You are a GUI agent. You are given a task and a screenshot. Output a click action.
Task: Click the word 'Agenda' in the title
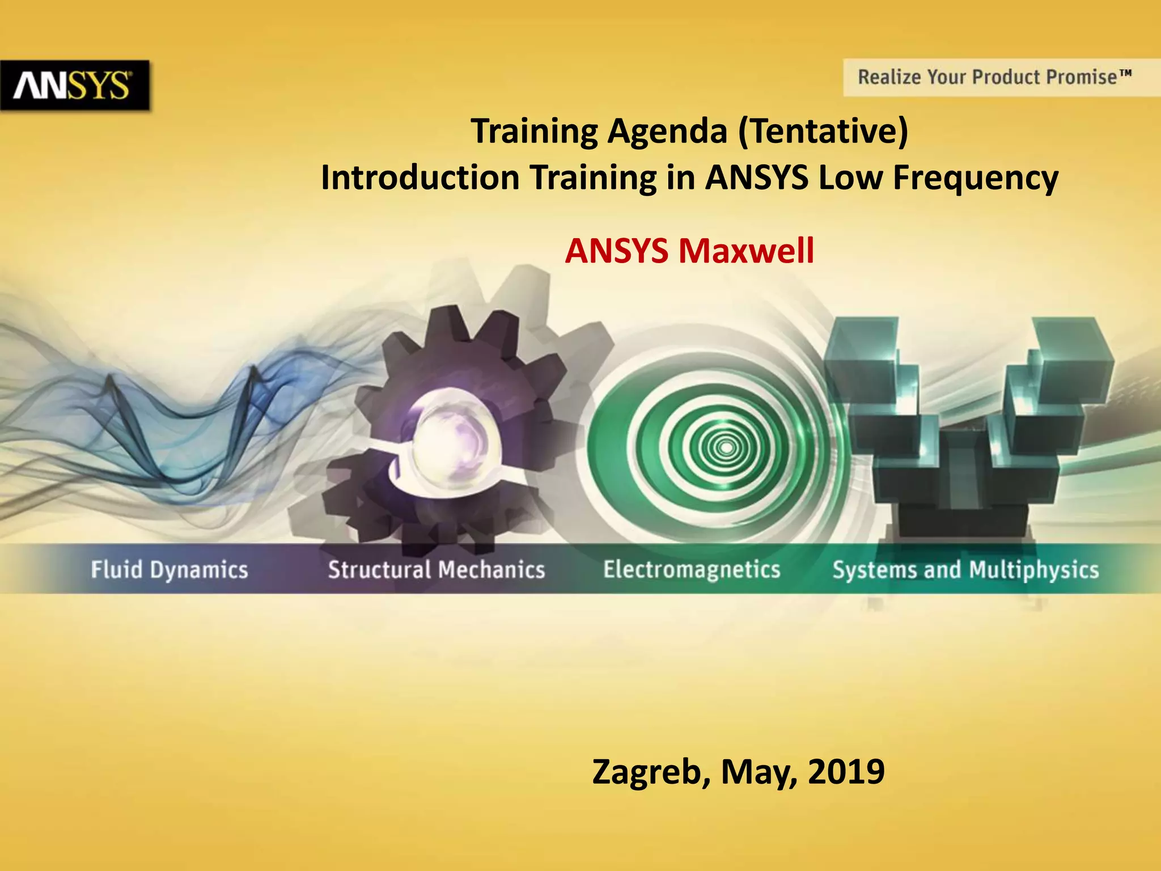(667, 131)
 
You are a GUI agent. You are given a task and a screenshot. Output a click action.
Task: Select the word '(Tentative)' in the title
(823, 131)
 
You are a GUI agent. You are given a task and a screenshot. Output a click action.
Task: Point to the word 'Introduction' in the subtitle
(420, 177)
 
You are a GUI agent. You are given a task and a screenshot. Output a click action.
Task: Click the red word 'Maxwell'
(746, 251)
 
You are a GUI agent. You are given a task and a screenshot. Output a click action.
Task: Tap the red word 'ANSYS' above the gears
(617, 251)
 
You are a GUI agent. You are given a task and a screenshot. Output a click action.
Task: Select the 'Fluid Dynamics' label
(170, 570)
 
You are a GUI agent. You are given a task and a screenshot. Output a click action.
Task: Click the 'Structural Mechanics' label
(437, 570)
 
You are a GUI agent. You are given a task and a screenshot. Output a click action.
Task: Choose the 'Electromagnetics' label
(692, 569)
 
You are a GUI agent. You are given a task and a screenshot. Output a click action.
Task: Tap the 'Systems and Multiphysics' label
(965, 570)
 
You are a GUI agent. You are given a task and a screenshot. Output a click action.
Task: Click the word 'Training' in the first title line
(535, 131)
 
